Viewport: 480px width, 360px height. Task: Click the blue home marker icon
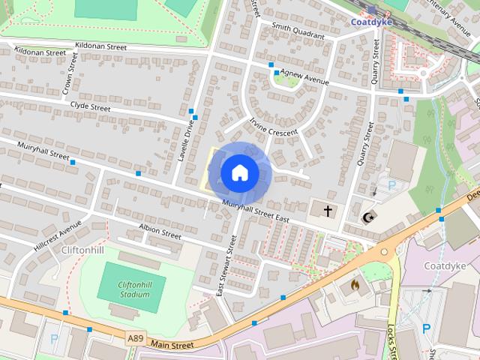(x=239, y=172)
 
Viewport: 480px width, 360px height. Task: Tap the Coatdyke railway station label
(x=371, y=22)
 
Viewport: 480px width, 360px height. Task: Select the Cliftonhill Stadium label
(x=123, y=289)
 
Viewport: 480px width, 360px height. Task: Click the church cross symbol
(x=328, y=211)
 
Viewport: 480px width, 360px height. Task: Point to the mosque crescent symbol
(x=367, y=217)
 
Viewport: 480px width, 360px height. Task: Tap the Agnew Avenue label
(x=307, y=78)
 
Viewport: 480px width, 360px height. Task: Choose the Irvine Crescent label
(x=274, y=126)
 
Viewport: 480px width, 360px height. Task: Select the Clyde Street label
(x=90, y=107)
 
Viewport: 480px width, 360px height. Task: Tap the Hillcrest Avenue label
(x=57, y=236)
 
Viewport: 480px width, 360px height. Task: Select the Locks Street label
(x=391, y=341)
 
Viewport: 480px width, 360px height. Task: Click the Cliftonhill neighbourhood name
(x=82, y=250)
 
